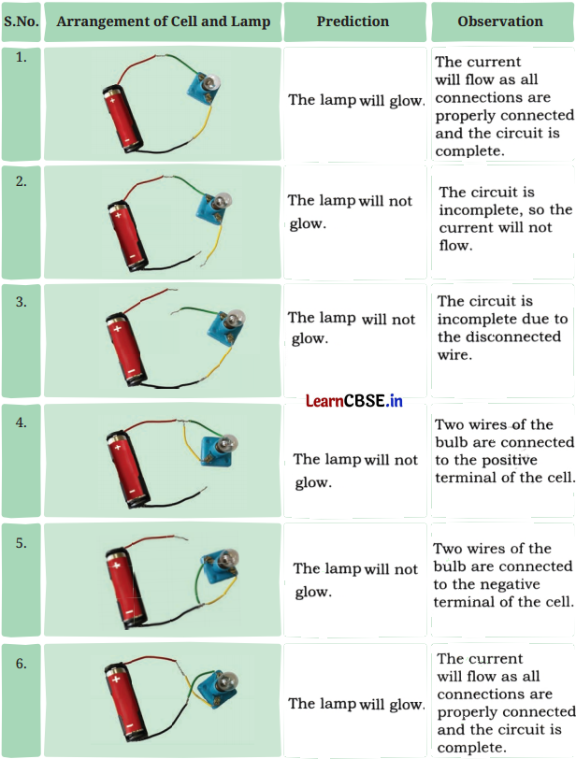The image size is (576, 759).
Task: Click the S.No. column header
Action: pyautogui.click(x=21, y=21)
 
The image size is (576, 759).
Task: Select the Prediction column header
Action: pyautogui.click(x=353, y=21)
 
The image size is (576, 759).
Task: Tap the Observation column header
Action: pyautogui.click(x=499, y=21)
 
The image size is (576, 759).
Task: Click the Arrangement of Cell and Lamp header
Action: pyautogui.click(x=163, y=21)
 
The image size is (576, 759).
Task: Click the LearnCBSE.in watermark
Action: pyautogui.click(x=353, y=401)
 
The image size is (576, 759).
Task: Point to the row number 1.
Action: pyautogui.click(x=21, y=57)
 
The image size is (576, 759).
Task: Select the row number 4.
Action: pyautogui.click(x=21, y=422)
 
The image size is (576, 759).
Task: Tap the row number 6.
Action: pyautogui.click(x=21, y=665)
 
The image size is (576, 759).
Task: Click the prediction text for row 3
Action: pyautogui.click(x=352, y=328)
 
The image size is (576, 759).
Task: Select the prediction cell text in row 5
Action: pyautogui.click(x=355, y=580)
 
